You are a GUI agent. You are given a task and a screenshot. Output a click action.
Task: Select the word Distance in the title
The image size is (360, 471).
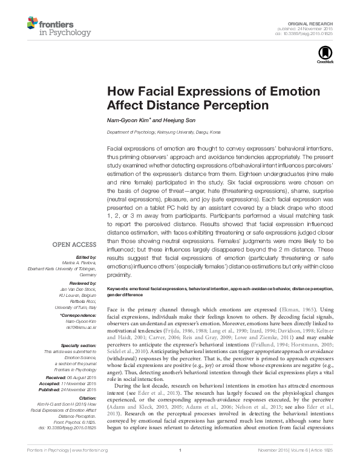(163, 104)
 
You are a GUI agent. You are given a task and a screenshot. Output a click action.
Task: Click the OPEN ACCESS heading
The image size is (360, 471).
(74, 245)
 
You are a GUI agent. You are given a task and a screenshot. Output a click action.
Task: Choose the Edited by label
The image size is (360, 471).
(86, 256)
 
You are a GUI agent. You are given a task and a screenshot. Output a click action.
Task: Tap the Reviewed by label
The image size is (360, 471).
(83, 282)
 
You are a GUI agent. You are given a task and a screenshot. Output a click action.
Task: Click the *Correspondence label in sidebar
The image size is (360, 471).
(79, 314)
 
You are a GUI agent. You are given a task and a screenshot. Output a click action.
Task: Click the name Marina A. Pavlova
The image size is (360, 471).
(80, 261)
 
